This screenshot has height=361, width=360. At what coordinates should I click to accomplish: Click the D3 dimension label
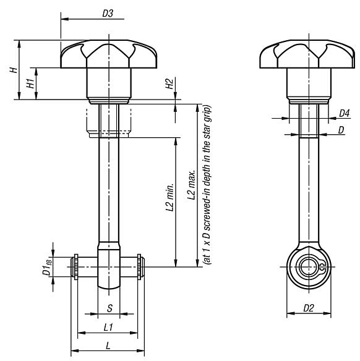[x=107, y=12]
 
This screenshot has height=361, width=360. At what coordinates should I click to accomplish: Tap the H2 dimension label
[x=169, y=84]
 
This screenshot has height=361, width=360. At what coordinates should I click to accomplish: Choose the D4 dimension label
[x=345, y=113]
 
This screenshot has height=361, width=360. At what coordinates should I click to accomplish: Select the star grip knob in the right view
[x=308, y=56]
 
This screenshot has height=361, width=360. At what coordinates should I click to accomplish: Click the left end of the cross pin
[x=75, y=267]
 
